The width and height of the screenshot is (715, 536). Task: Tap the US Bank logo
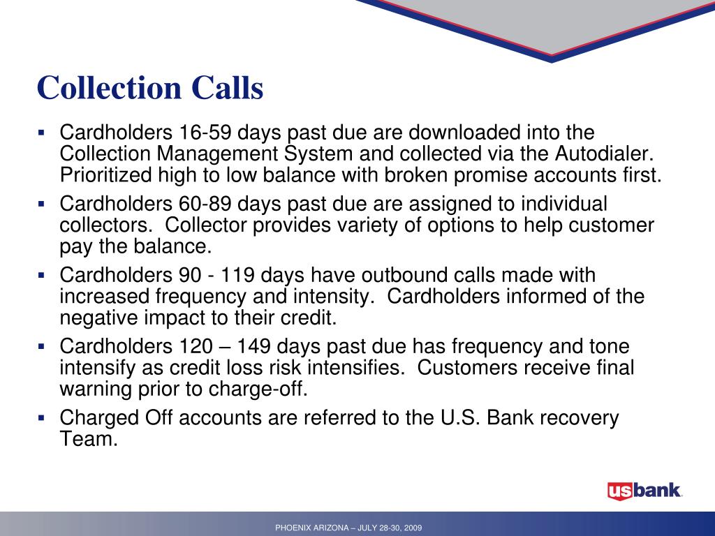(644, 491)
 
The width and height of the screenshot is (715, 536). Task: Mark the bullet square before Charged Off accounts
(41, 418)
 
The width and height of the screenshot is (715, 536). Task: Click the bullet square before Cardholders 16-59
(41, 132)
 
